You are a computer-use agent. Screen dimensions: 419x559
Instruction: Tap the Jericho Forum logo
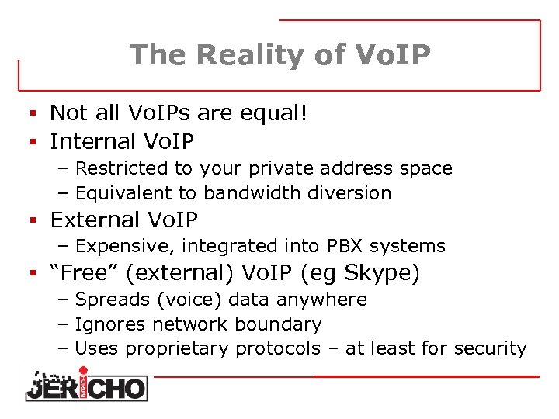[x=85, y=383]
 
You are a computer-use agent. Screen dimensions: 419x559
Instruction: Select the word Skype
[x=378, y=273]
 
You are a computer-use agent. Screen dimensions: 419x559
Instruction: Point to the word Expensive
[x=122, y=247]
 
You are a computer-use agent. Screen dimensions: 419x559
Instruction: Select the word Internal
[x=92, y=141]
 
